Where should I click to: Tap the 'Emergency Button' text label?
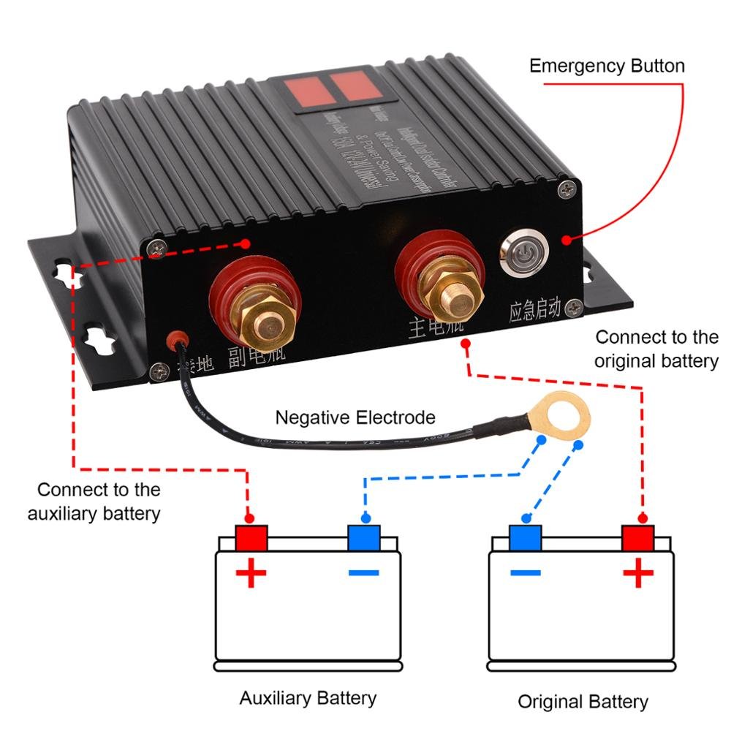[x=607, y=66]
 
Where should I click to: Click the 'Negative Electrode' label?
[x=355, y=417]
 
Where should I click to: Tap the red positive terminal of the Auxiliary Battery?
[x=251, y=538]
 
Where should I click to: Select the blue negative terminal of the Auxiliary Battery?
[x=363, y=538]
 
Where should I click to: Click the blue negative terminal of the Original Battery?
[x=525, y=538]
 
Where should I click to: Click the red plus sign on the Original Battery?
[x=637, y=573]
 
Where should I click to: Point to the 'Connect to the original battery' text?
[x=656, y=349]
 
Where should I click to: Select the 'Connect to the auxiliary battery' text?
[x=94, y=501]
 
